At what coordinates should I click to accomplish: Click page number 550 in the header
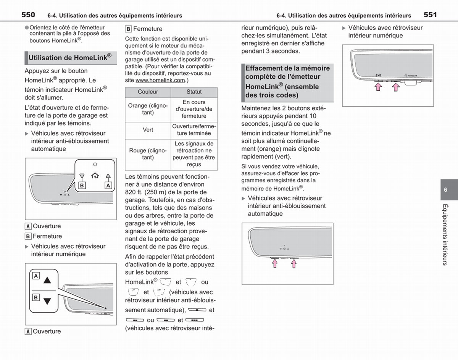[28, 15]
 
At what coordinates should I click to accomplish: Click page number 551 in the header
[430, 15]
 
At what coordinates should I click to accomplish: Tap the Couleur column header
[148, 92]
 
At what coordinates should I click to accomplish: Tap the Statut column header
[194, 92]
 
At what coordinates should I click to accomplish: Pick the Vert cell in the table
[148, 130]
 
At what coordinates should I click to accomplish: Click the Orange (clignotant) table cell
[148, 109]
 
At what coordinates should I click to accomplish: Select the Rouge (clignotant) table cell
[148, 154]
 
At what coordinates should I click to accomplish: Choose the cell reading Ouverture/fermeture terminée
[194, 130]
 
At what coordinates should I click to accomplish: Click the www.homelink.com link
[160, 80]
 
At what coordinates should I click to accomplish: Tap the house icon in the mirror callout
[95, 176]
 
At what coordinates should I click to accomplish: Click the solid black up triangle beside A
[47, 280]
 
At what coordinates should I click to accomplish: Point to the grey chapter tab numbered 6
[449, 190]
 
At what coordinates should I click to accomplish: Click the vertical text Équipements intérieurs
[445, 235]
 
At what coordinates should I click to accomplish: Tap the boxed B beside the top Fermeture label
[128, 29]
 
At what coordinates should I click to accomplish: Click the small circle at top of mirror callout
[95, 165]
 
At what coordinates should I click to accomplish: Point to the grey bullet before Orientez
[27, 27]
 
